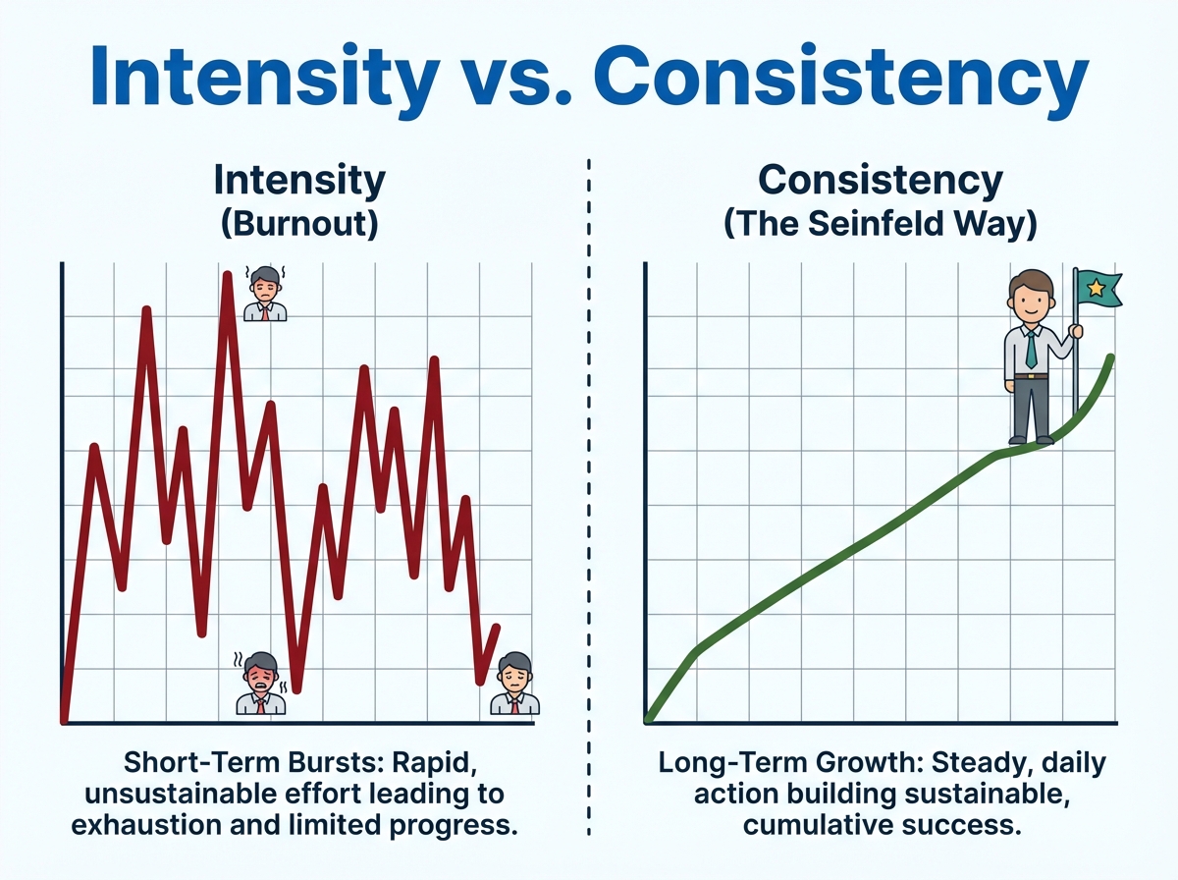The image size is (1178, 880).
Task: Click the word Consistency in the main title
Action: click(841, 77)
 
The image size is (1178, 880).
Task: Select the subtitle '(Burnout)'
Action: click(299, 223)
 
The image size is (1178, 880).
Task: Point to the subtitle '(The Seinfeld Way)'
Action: click(881, 223)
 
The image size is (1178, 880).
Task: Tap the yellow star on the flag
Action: click(1096, 289)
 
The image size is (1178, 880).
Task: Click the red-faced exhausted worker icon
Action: click(261, 683)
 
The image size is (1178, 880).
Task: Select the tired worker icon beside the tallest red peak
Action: click(265, 293)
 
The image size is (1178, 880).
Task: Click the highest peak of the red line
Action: click(227, 275)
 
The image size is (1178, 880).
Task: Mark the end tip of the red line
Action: click(497, 628)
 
